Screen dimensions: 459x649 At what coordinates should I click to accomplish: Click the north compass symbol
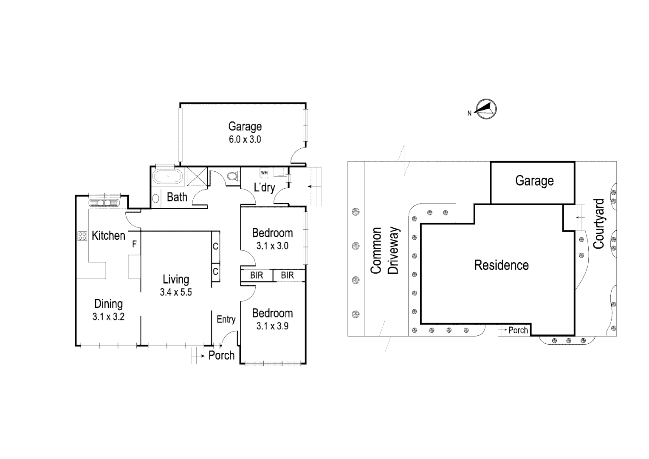tap(485, 110)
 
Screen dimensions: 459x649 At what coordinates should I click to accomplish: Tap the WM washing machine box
tap(265, 173)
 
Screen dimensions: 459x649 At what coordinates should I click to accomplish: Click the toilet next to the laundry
tap(232, 176)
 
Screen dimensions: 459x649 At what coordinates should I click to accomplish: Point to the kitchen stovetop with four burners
tap(82, 236)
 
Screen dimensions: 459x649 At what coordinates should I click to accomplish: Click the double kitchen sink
tap(104, 203)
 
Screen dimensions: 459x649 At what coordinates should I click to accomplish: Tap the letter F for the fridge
tap(134, 244)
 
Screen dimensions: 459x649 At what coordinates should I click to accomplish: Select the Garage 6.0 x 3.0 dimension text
tap(245, 139)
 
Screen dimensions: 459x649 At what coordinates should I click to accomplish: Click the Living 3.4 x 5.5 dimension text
tap(176, 292)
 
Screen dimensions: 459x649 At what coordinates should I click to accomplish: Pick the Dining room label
tap(108, 304)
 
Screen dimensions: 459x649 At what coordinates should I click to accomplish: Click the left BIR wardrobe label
tap(257, 275)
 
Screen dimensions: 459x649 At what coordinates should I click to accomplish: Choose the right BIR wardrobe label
tap(288, 275)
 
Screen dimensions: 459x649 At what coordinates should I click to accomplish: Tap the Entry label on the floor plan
tap(226, 319)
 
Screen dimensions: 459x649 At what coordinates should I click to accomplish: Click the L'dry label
tap(265, 187)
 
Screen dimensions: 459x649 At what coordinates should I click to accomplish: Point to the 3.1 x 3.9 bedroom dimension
tap(272, 326)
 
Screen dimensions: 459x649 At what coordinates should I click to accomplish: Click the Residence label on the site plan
tap(501, 265)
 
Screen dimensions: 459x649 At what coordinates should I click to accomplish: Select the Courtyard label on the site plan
tap(598, 224)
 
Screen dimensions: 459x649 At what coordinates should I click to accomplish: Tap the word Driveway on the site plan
tap(394, 250)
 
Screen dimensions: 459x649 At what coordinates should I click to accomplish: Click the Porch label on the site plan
tap(518, 330)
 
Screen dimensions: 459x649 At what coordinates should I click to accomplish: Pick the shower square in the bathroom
tap(196, 176)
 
